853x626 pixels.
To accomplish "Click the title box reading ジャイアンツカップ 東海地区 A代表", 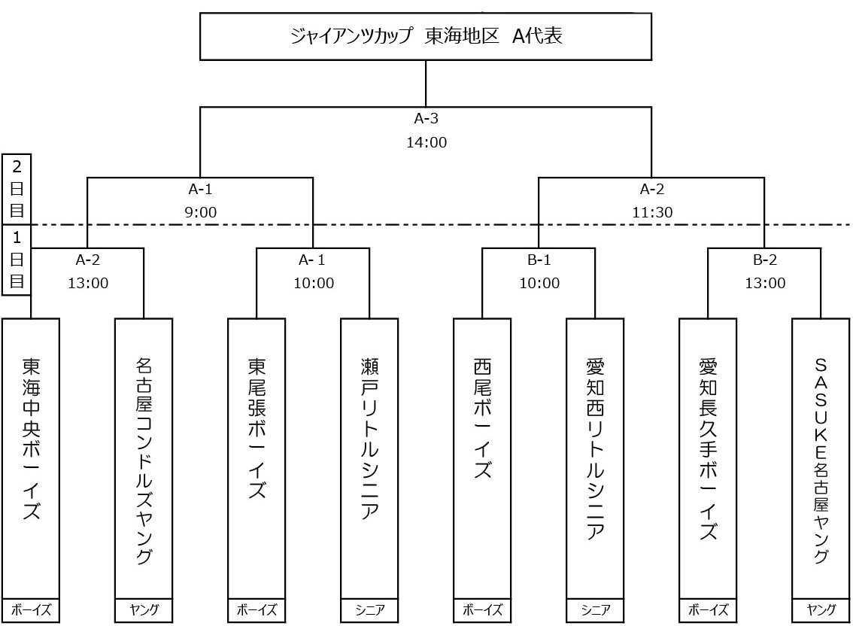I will (426, 36).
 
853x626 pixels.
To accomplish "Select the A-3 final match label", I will (426, 118).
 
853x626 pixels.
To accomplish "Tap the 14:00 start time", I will (426, 142).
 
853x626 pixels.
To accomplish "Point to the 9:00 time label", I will (200, 213).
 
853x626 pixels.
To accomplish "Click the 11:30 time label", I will (652, 213).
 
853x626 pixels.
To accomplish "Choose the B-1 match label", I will (539, 260).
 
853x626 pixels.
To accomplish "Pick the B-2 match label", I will (764, 260).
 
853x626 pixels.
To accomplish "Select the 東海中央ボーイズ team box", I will (31, 458).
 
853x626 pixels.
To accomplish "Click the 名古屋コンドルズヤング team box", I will (144, 458).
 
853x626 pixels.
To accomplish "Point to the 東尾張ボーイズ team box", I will (257, 458).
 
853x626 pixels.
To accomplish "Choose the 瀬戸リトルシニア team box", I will (369, 458).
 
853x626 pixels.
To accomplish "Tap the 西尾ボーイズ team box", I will (482, 458).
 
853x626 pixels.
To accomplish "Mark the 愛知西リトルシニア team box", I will (595, 458).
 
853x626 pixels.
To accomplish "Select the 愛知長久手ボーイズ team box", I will (708, 458).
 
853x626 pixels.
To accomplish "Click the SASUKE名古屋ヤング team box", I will (821, 458).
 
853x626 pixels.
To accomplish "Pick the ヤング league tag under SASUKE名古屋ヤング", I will (821, 610).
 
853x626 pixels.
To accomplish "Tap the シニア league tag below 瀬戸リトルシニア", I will (369, 610).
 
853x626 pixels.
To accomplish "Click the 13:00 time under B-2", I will (764, 284).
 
